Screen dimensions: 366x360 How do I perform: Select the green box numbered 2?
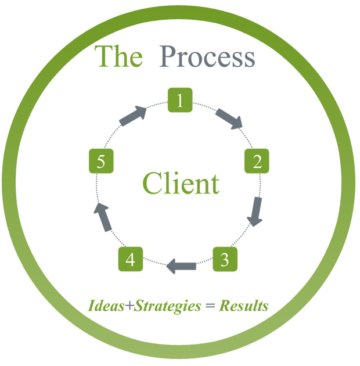coord(257,162)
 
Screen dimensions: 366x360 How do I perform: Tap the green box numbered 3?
coord(224,259)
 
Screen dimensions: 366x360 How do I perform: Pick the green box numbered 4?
coord(130,259)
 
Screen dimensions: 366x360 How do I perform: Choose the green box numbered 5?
coord(101,162)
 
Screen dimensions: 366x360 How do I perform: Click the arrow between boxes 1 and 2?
coord(228,118)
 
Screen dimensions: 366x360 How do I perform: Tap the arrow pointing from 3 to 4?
coord(181,267)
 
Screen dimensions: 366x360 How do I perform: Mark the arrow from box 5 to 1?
coord(133,115)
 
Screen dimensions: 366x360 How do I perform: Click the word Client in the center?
coord(181,184)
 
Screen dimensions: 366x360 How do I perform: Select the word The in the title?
coord(118,57)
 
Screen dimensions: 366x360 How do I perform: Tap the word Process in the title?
coord(207,57)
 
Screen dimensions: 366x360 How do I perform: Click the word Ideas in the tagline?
coord(105,306)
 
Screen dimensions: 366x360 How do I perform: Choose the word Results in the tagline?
coord(243,306)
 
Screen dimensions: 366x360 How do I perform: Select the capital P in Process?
coord(168,57)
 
